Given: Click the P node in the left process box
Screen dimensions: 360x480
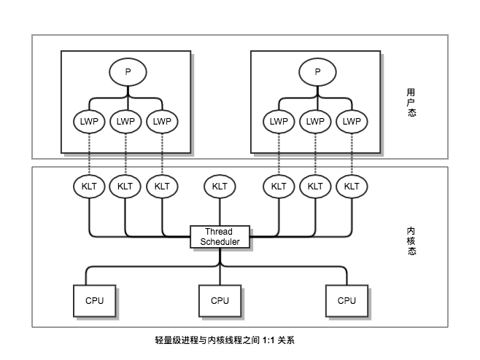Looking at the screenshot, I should [128, 71].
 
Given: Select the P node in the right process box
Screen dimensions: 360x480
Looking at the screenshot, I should [317, 71].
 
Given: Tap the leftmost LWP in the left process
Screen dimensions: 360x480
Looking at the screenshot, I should [89, 121].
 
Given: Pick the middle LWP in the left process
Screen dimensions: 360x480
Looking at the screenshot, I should [125, 121].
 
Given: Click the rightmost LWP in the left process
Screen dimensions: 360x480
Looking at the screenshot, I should [162, 121].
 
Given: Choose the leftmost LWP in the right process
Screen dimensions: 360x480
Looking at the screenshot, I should [279, 121].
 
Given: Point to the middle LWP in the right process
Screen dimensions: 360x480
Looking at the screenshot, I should [315, 121].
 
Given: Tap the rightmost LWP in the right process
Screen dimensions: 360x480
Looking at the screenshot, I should [352, 121].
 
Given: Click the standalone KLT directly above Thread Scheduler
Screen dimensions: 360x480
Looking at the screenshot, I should [220, 187].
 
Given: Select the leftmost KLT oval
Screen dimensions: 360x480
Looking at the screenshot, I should [89, 187].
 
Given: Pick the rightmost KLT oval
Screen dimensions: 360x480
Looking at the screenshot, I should [352, 187].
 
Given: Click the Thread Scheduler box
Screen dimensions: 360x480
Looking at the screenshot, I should [220, 237].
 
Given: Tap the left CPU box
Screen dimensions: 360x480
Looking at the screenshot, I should [95, 300].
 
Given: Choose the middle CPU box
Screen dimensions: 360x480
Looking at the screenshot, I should [220, 300].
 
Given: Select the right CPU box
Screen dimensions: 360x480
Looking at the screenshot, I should [347, 300].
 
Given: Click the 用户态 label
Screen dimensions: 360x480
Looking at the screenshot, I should [412, 103].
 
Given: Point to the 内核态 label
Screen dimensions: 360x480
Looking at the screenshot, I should [412, 241].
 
